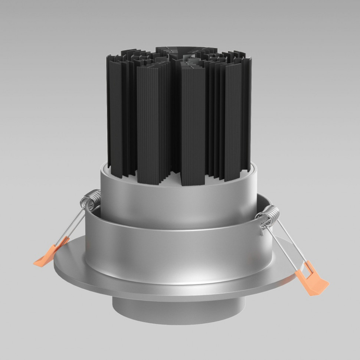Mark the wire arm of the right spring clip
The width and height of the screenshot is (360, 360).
[x=287, y=241]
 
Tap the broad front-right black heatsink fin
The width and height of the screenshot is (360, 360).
[x=193, y=122]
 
